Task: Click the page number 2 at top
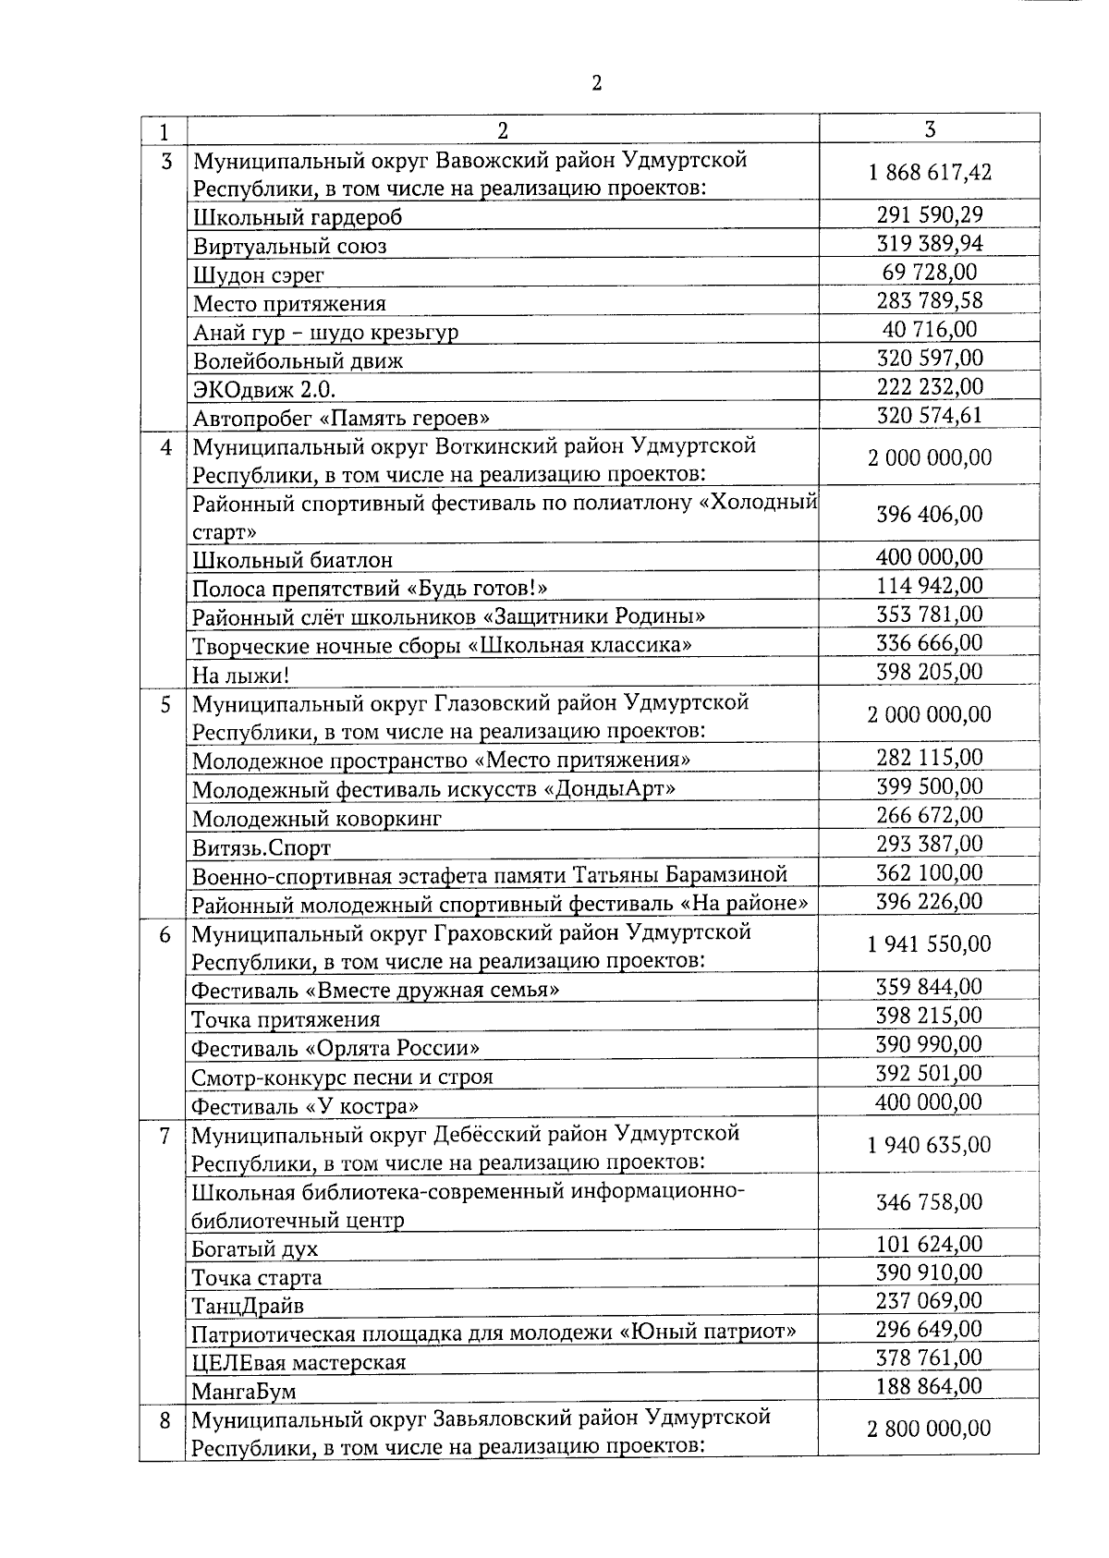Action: pyautogui.click(x=596, y=83)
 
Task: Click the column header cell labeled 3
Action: pyautogui.click(x=930, y=128)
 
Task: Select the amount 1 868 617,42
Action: pyautogui.click(x=930, y=173)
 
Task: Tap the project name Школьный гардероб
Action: pyautogui.click(x=298, y=218)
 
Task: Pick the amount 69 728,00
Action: pyautogui.click(x=930, y=272)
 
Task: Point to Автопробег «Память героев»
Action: pyautogui.click(x=341, y=418)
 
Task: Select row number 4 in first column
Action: pyautogui.click(x=166, y=447)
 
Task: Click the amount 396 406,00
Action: pyautogui.click(x=930, y=514)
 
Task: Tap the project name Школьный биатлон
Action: pyautogui.click(x=292, y=560)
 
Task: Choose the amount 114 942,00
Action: pyautogui.click(x=930, y=586)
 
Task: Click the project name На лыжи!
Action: pyautogui.click(x=240, y=676)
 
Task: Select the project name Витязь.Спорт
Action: pyautogui.click(x=261, y=847)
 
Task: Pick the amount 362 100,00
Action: pyautogui.click(x=930, y=873)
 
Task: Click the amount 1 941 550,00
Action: pyautogui.click(x=930, y=944)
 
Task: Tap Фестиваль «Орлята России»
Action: pyautogui.click(x=335, y=1049)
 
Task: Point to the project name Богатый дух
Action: pyautogui.click(x=254, y=1249)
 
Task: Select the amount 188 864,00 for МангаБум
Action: pyautogui.click(x=930, y=1386)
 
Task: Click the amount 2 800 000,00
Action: pyautogui.click(x=930, y=1429)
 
